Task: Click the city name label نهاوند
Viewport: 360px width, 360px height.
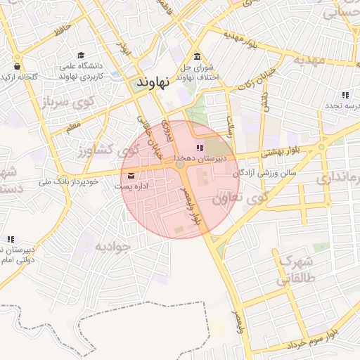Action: [x=153, y=82]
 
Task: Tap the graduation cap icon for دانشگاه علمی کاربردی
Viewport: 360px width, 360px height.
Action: [x=81, y=55]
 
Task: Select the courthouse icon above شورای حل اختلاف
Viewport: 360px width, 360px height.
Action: [x=196, y=57]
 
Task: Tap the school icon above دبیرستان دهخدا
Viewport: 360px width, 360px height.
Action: [x=199, y=148]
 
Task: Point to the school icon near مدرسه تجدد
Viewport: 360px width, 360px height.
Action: [x=345, y=95]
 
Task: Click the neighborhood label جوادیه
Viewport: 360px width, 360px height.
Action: [x=114, y=246]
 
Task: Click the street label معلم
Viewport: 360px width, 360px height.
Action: [x=72, y=127]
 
